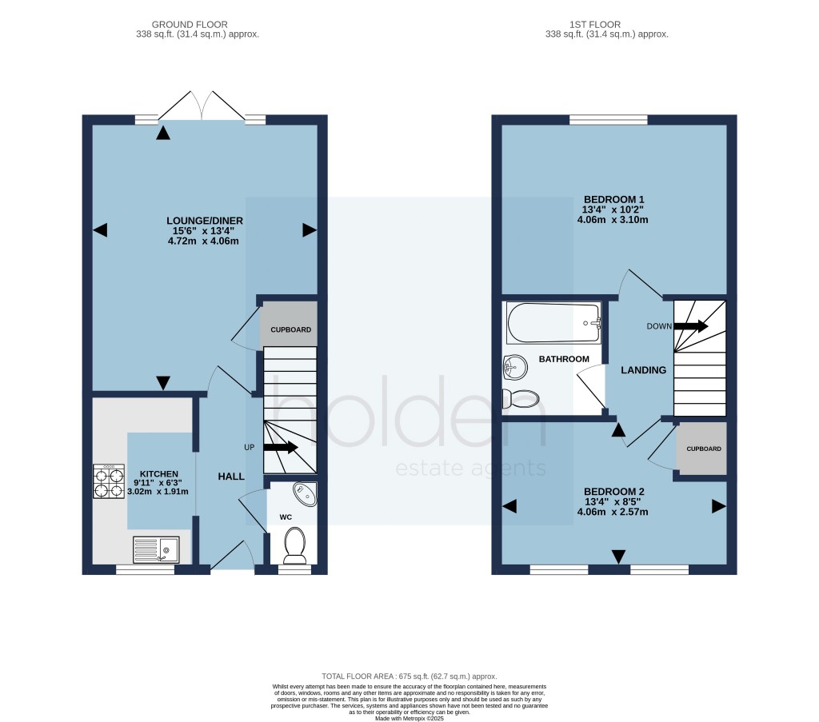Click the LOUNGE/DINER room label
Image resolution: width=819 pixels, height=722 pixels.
pyautogui.click(x=205, y=221)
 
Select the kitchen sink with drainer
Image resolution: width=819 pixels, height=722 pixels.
pyautogui.click(x=158, y=549)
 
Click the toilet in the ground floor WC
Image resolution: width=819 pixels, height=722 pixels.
pyautogui.click(x=294, y=546)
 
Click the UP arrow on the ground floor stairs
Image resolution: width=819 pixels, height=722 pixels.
pyautogui.click(x=280, y=448)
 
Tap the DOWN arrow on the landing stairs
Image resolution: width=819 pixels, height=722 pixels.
pyautogui.click(x=690, y=325)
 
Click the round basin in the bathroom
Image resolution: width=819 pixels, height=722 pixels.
pyautogui.click(x=514, y=369)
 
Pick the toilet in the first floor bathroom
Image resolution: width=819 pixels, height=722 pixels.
pyautogui.click(x=520, y=397)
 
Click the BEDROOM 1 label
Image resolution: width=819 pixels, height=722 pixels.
pyautogui.click(x=613, y=199)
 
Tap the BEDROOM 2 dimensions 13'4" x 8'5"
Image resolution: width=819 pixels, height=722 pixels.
pyautogui.click(x=613, y=502)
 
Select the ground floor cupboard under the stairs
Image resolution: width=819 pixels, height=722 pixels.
pyautogui.click(x=290, y=329)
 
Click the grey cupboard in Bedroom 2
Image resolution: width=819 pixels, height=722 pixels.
pyautogui.click(x=702, y=449)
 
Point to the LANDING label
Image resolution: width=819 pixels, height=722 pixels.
pyautogui.click(x=644, y=370)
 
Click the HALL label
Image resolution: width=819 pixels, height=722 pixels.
pyautogui.click(x=231, y=477)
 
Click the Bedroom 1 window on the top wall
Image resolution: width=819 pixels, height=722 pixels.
pyautogui.click(x=609, y=120)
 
